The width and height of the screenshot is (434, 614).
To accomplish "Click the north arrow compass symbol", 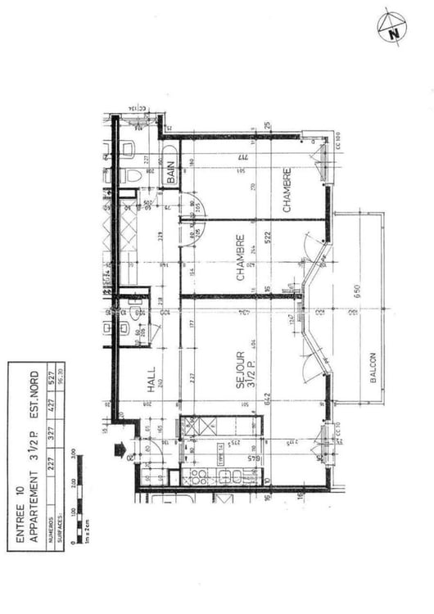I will point(392,29).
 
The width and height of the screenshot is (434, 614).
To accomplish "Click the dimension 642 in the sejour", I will point(268,398).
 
